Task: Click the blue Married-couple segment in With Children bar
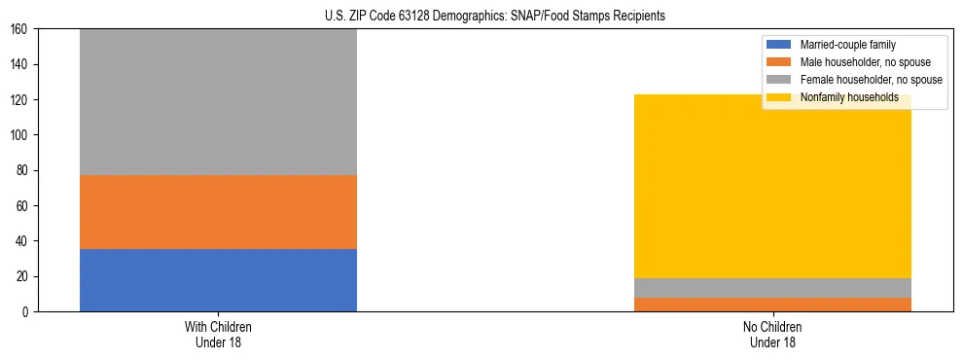coord(218,280)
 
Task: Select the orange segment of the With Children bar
coord(218,212)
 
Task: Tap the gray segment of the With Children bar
coord(218,102)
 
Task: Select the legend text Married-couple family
coord(847,45)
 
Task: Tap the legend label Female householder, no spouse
coord(871,80)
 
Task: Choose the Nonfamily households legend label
coord(849,97)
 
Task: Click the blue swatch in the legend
coord(780,45)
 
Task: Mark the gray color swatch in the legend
coord(780,80)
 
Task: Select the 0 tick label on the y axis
coord(26,312)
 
